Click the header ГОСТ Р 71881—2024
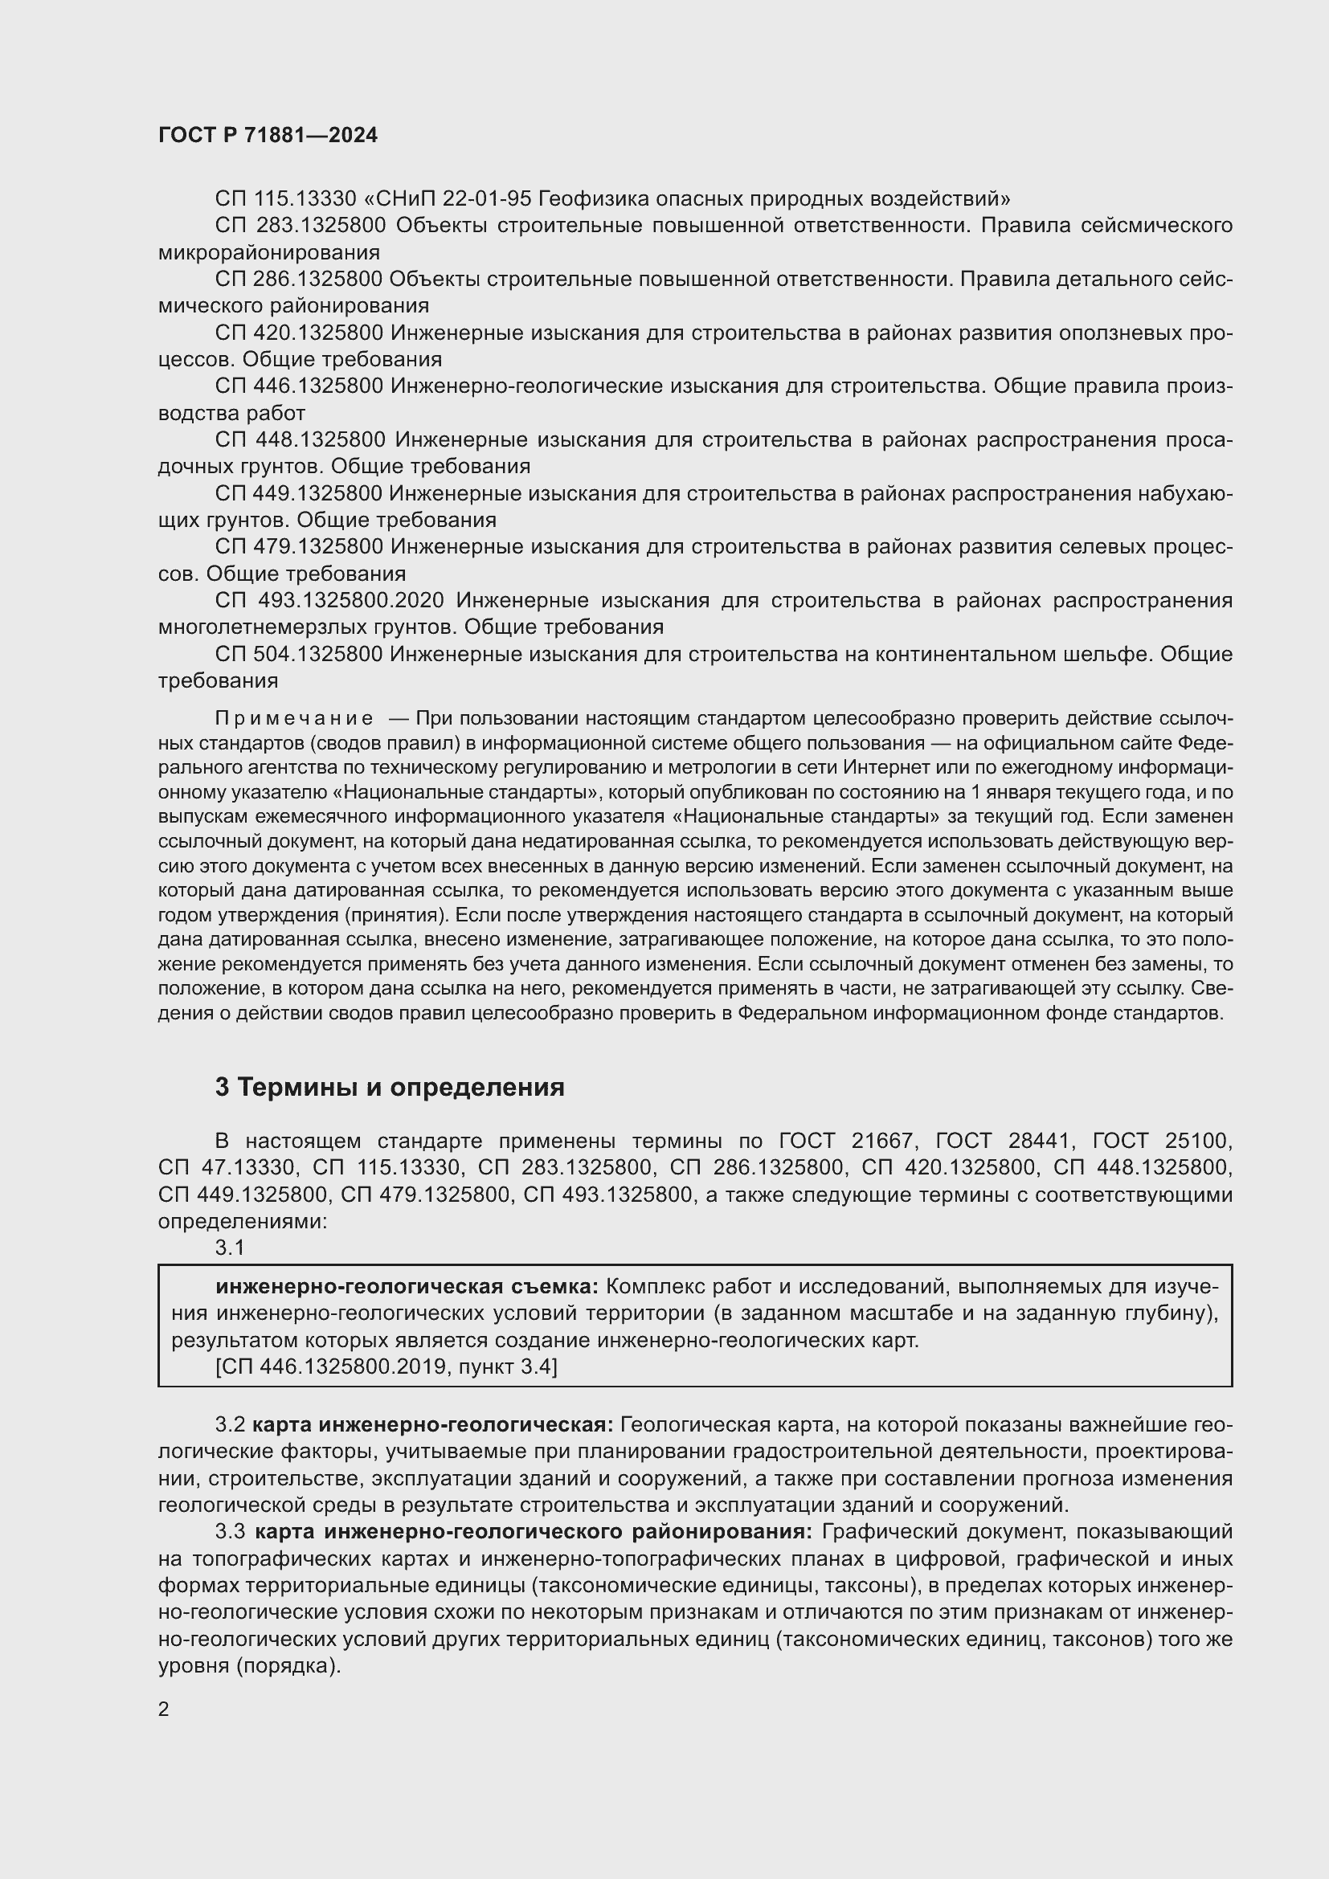(x=268, y=135)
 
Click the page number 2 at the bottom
(x=164, y=1709)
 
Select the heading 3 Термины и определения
(x=390, y=1087)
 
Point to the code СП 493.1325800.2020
(x=329, y=600)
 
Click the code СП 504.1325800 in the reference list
(x=299, y=654)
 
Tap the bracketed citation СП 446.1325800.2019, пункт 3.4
(x=386, y=1366)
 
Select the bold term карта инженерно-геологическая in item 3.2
(x=432, y=1425)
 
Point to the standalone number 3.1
(x=230, y=1248)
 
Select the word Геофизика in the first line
(x=584, y=198)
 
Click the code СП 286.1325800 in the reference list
(x=299, y=279)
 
